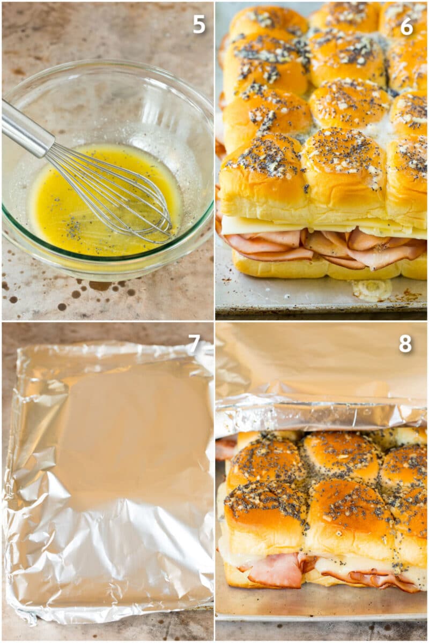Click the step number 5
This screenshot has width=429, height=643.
[x=199, y=24]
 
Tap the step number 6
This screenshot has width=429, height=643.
[x=406, y=26]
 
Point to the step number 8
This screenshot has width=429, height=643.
[x=405, y=344]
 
